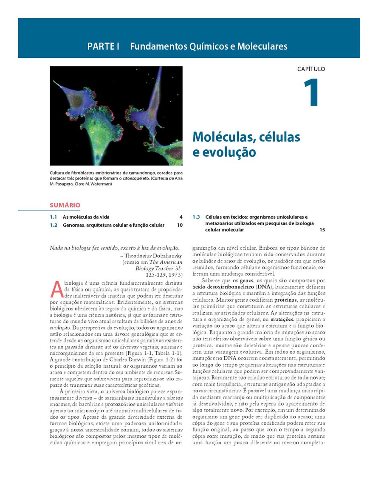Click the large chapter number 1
coord(311,93)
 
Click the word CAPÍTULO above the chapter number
coord(311,69)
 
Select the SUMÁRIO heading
coord(65,205)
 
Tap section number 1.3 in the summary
coord(196,217)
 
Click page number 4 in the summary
coord(181,217)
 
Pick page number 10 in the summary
coord(180,225)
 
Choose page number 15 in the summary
coord(322,230)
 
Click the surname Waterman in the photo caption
coord(100,184)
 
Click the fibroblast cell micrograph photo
coord(116,116)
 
